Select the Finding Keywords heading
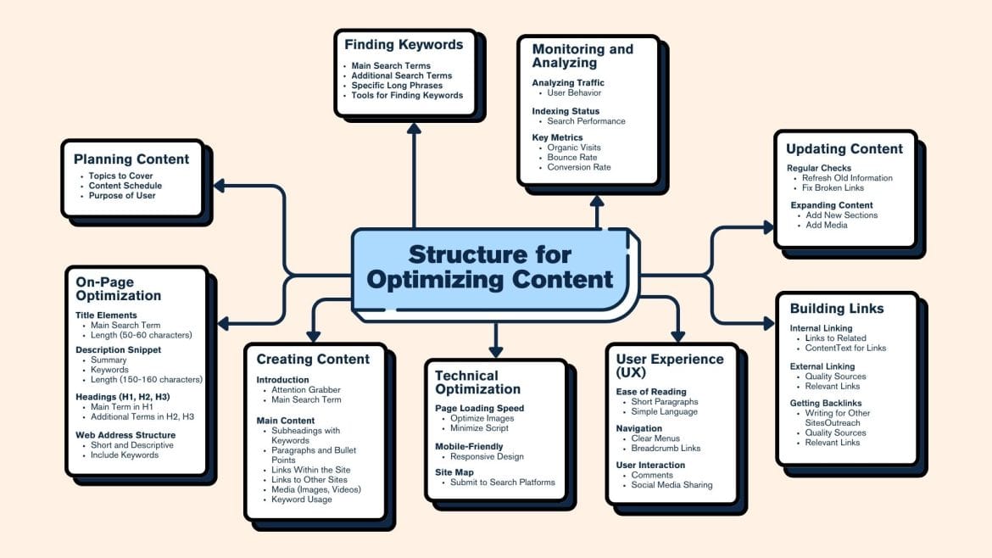[404, 45]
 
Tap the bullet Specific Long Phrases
[397, 86]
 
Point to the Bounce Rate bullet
[571, 158]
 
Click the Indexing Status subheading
[566, 111]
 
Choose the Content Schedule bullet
[125, 186]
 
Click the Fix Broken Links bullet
[834, 188]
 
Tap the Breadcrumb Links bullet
[666, 449]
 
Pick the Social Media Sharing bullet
[672, 485]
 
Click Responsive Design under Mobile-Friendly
[487, 456]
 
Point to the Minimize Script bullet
[480, 428]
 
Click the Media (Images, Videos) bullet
[316, 489]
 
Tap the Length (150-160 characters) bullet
[147, 379]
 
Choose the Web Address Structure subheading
[125, 435]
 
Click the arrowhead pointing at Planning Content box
[219, 185]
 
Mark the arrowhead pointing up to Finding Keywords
[414, 128]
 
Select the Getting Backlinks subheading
[825, 403]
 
